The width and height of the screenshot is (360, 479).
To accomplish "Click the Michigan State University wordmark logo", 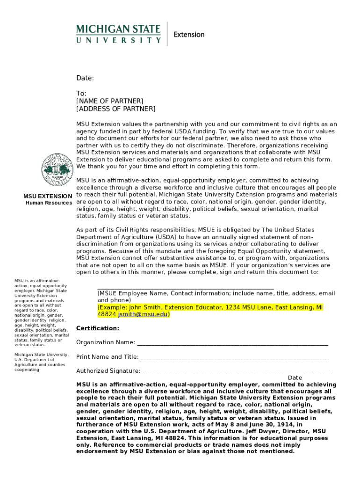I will pyautogui.click(x=118, y=34).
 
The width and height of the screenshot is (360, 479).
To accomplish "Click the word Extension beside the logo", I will pyautogui.click(x=189, y=35).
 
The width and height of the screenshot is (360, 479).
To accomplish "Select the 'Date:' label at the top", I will pyautogui.click(x=85, y=78).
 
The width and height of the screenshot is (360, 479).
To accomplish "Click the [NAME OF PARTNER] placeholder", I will pyautogui.click(x=109, y=101).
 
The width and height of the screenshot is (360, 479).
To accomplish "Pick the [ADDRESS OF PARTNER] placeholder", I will pyautogui.click(x=115, y=109).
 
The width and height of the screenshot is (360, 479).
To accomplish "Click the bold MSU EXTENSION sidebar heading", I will pyautogui.click(x=48, y=196).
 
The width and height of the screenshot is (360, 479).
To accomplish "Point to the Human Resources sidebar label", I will pyautogui.click(x=49, y=203).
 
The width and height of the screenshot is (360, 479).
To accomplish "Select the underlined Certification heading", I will pyautogui.click(x=98, y=328).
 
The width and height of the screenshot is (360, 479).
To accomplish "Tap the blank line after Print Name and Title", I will pyautogui.click(x=234, y=358).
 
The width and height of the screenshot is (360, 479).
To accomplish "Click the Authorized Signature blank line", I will pyautogui.click(x=236, y=372).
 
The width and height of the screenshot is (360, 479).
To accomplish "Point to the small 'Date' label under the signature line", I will pyautogui.click(x=295, y=378).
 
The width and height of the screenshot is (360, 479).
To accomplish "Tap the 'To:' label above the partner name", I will pyautogui.click(x=81, y=94).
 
